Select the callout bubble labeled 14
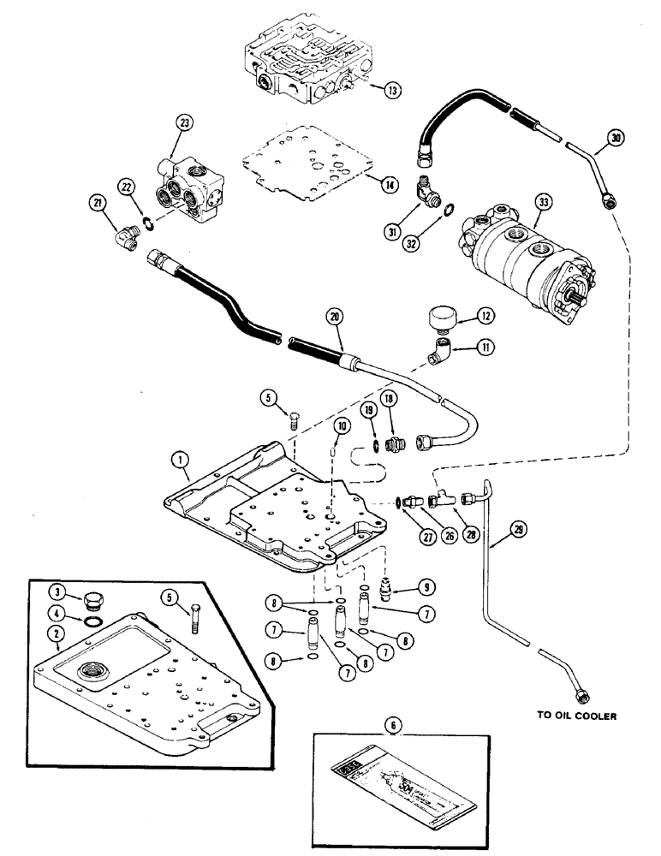pos(390,184)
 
